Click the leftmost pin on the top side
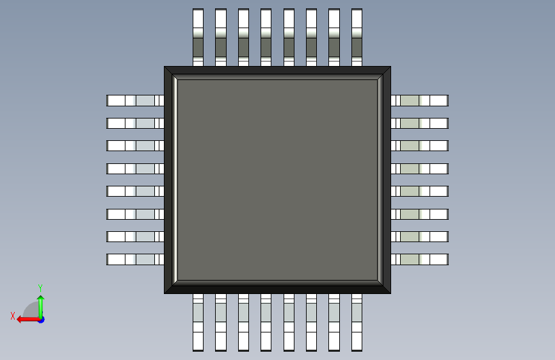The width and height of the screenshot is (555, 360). coord(198,37)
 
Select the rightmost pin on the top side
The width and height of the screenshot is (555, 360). coord(357,37)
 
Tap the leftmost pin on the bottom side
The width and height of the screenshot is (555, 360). coord(198,322)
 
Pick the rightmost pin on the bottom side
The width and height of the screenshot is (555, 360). coord(357,322)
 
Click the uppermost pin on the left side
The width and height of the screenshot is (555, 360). coord(135,101)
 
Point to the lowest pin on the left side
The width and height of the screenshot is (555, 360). coord(135,259)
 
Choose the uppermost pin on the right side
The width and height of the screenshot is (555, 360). coord(419,101)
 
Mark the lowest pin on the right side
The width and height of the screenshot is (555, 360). coord(419,259)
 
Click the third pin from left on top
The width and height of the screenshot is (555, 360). coord(243,37)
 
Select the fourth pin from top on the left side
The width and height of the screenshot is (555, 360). coord(135,168)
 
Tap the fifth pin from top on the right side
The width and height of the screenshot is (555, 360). coord(419,191)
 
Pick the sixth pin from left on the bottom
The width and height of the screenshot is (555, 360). coord(311,322)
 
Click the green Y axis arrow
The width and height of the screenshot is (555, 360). coord(40,304)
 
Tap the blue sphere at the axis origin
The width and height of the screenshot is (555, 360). coord(40,319)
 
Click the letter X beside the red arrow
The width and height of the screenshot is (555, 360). coord(13,316)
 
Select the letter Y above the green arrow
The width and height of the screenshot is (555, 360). coord(40,288)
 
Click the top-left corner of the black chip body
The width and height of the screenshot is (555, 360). coord(166,68)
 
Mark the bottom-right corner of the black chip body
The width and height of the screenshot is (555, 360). coord(389,292)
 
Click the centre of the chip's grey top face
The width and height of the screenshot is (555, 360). coord(277,179)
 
